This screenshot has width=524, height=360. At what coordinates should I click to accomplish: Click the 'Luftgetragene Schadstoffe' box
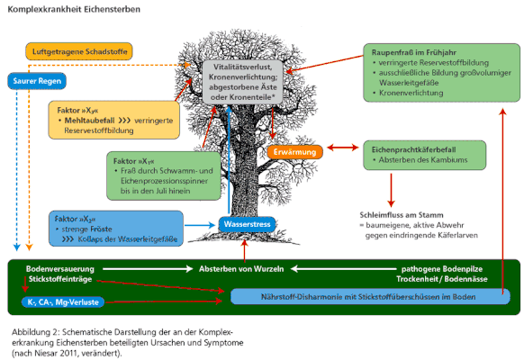79,51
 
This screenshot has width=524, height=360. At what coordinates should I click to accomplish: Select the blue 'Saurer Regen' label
37,81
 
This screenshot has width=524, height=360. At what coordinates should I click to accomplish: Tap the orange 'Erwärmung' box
294,152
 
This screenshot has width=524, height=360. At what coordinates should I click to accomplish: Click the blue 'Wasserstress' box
247,224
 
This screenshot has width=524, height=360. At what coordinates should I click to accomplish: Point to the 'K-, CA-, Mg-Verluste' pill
63,302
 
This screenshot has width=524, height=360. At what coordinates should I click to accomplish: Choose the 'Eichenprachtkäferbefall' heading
414,149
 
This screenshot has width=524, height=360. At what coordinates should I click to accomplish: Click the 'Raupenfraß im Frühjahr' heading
414,52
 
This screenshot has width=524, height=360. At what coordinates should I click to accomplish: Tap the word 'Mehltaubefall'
89,121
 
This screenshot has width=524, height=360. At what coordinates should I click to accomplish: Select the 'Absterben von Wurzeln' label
241,269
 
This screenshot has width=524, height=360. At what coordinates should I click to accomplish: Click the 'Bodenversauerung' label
60,269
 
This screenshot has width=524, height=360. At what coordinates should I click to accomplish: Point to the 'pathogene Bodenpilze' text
442,269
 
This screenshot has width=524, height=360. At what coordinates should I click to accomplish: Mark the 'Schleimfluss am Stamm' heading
402,215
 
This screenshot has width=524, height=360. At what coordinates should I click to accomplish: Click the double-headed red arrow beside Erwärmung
343,148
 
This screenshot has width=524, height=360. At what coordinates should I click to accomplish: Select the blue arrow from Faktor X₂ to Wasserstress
200,225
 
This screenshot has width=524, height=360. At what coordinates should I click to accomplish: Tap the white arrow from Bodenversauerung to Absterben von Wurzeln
148,269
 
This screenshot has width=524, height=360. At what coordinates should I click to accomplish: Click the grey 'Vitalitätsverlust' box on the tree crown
243,82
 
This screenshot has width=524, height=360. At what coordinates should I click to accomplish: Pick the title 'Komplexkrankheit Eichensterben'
74,9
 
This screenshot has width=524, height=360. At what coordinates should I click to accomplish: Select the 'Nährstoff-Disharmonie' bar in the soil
370,296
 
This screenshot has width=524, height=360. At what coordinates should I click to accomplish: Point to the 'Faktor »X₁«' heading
133,161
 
